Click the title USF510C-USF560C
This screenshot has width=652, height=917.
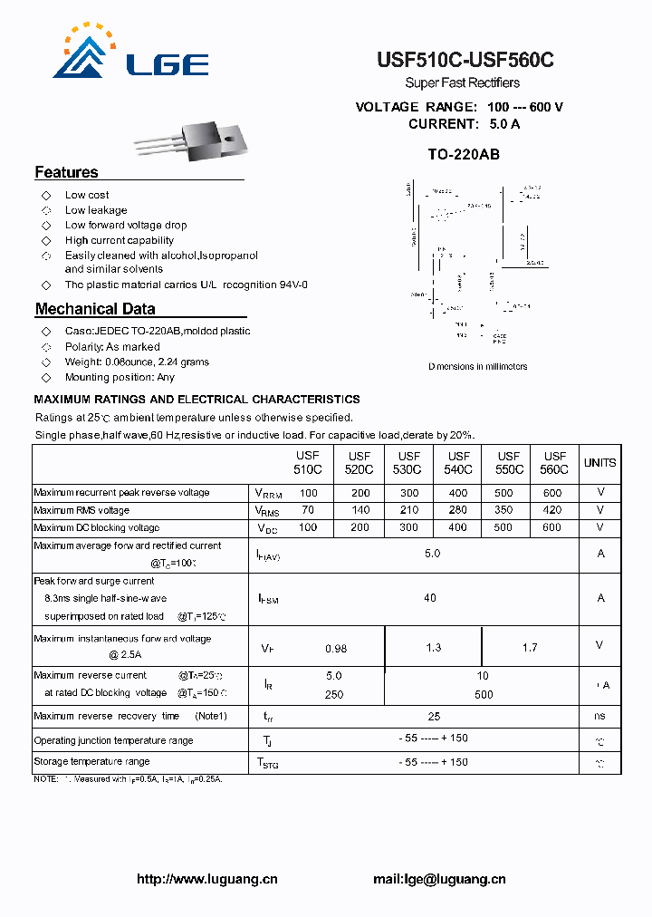(x=465, y=61)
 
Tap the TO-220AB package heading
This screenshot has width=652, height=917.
(x=463, y=155)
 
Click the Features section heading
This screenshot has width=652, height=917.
(x=66, y=172)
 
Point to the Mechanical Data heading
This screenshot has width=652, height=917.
(x=95, y=309)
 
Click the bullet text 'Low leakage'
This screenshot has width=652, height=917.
(x=96, y=210)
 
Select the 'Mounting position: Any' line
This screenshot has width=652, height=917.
(x=120, y=377)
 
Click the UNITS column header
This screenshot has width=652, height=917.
(x=599, y=463)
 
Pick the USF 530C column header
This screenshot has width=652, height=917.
(x=408, y=463)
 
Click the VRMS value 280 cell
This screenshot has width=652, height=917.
(x=457, y=510)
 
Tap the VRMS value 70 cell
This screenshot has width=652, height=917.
(x=309, y=510)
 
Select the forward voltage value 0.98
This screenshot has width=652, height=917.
(x=336, y=647)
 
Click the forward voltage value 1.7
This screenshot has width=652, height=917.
(x=530, y=647)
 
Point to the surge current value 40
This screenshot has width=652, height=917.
(x=430, y=597)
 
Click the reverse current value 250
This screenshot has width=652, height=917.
(x=334, y=694)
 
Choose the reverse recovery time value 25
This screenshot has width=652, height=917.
(x=434, y=716)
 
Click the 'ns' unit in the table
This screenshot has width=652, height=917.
(x=599, y=716)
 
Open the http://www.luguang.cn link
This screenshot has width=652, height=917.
(x=206, y=879)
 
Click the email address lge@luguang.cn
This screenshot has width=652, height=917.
(x=439, y=879)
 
